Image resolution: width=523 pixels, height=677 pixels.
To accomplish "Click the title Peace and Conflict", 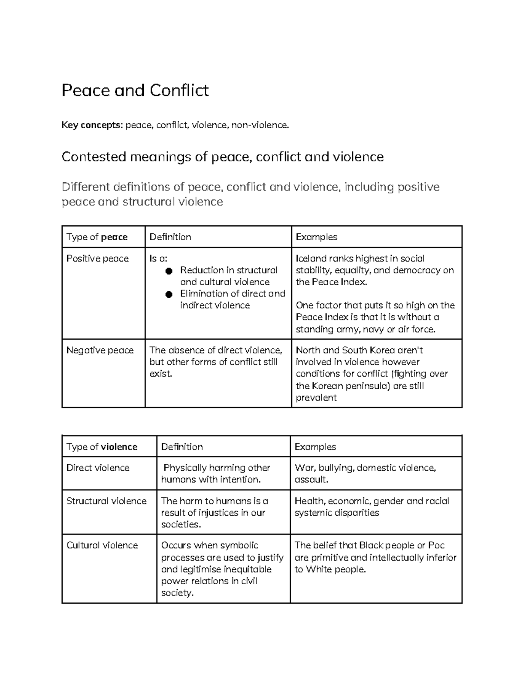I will [x=135, y=90].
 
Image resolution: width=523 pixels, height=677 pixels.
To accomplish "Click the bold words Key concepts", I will [x=92, y=125].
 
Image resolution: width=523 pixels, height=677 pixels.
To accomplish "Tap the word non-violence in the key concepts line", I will [x=259, y=125].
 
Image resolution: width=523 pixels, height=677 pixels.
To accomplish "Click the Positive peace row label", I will [x=98, y=259].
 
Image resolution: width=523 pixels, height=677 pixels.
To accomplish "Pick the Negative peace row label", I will [x=100, y=350].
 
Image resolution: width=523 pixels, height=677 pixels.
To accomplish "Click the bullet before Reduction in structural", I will [x=169, y=271].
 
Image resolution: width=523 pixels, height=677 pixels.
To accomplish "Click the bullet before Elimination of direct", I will [x=169, y=295].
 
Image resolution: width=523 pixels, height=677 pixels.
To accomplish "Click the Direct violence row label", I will [x=98, y=468].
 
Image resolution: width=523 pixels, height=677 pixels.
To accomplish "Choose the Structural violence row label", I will [x=106, y=501].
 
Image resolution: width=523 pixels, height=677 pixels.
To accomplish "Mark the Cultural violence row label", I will [x=102, y=545].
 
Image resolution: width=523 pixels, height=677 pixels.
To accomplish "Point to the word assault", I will [x=311, y=480].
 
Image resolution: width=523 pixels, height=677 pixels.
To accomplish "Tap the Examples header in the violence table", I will [x=316, y=446].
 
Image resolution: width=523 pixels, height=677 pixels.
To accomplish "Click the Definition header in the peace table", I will [x=170, y=237].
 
